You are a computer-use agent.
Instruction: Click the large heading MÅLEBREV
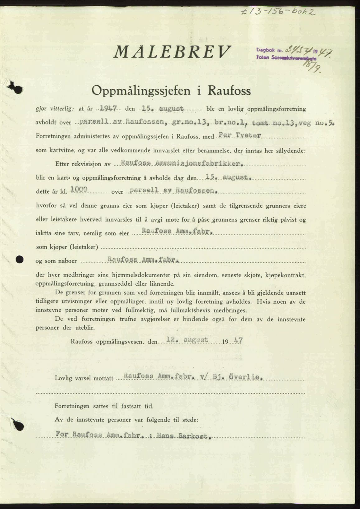[173, 52]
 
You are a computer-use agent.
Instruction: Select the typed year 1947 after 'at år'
[107, 109]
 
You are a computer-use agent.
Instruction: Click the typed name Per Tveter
[240, 135]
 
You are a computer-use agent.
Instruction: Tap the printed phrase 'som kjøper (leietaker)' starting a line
[67, 247]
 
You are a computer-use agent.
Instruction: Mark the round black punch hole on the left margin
[20, 259]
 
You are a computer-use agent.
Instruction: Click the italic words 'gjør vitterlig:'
[55, 109]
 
